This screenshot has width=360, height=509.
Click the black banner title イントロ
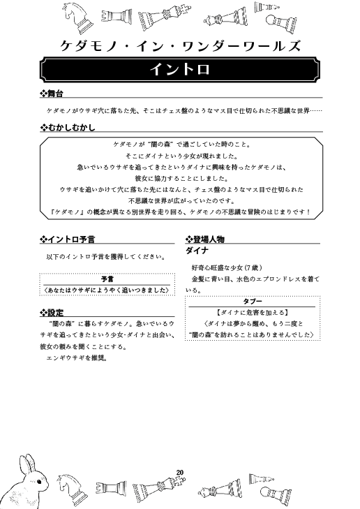(x=180, y=70)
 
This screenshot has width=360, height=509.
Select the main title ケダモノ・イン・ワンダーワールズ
(x=180, y=46)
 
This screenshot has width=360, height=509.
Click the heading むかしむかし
(x=70, y=128)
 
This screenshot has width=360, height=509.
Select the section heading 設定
(x=55, y=312)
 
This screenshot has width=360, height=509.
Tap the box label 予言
(x=106, y=278)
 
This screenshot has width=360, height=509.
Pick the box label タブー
(x=252, y=300)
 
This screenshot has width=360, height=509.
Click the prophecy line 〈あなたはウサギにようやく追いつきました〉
(x=106, y=289)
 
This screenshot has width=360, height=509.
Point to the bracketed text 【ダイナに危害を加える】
(x=252, y=311)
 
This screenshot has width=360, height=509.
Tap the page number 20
(x=181, y=473)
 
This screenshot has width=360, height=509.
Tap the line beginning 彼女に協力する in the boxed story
(x=180, y=178)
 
